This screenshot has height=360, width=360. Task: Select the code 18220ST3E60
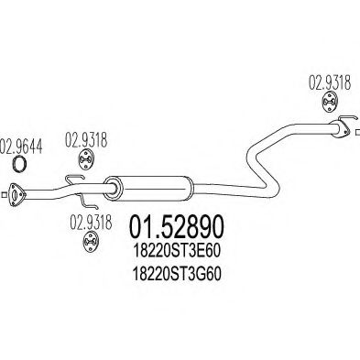click(179, 249)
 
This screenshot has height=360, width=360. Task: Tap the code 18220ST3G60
click(179, 272)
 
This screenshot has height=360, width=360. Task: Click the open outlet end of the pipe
click(345, 130)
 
